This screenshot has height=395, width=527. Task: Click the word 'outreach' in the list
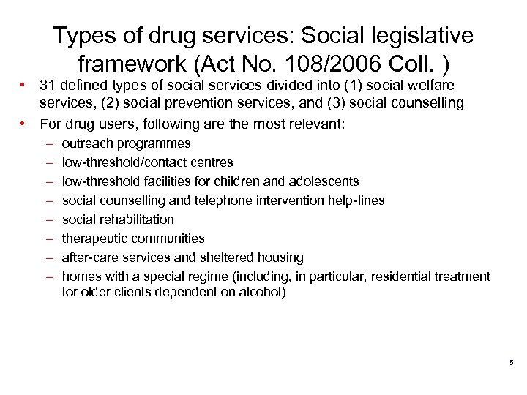coord(86,143)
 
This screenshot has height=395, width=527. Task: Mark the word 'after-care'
coord(89,257)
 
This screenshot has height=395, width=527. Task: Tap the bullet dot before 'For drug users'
coord(26,123)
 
